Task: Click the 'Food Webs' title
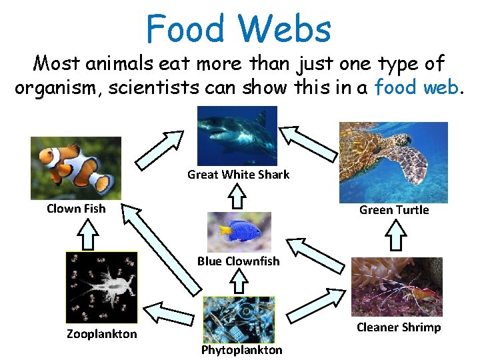pos(238,29)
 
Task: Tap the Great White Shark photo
pos(237,136)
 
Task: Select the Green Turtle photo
pos(393,161)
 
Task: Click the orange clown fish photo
pos(76,167)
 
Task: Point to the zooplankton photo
pos(101,287)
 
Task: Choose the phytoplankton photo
pos(238,319)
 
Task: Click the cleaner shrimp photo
pos(397,287)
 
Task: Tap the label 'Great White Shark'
pos(238,175)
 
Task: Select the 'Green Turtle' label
pos(394,210)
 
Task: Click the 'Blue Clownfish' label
pos(238,261)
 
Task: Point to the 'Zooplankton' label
pos(101,334)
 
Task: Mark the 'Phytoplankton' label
pos(241,350)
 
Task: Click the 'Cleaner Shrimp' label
pos(399,327)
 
